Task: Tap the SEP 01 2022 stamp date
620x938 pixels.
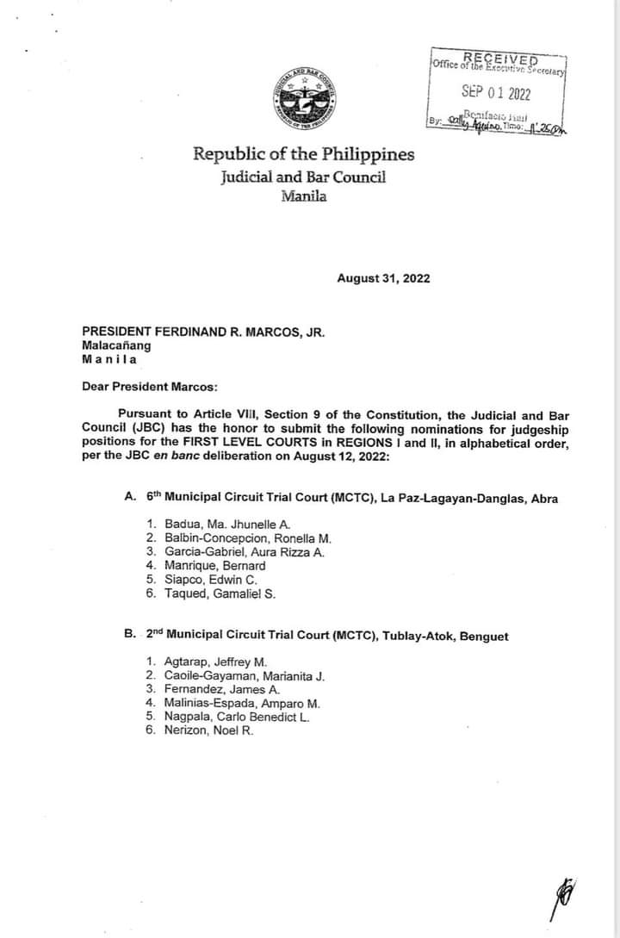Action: tap(495, 93)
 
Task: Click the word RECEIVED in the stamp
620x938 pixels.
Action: tap(500, 58)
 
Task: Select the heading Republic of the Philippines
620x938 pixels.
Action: tap(303, 155)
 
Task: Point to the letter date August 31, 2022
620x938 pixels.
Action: tap(383, 278)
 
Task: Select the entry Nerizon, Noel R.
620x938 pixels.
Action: tap(208, 730)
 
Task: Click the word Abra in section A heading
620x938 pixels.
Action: tap(544, 498)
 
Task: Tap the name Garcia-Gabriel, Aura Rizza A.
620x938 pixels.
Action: tap(244, 552)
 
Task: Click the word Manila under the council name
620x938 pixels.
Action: tap(303, 196)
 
